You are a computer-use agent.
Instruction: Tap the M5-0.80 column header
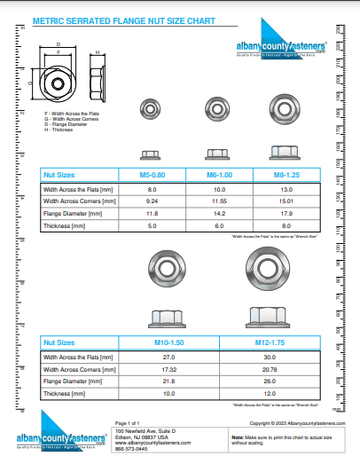pyautogui.click(x=152, y=175)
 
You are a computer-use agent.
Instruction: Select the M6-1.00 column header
pyautogui.click(x=215, y=175)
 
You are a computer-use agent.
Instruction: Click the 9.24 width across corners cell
pyautogui.click(x=152, y=201)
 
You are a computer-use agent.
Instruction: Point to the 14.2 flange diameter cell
pyautogui.click(x=215, y=214)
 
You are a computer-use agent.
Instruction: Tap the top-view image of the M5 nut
pyautogui.click(x=152, y=110)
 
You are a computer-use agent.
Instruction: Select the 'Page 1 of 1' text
pyautogui.click(x=129, y=423)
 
